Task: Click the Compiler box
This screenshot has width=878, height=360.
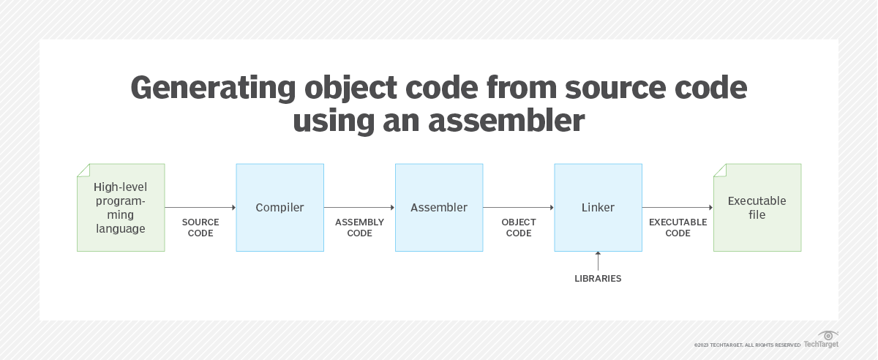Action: pos(279,208)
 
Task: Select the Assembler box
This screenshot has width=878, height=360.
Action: pos(438,208)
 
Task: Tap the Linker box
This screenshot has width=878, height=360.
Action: pos(598,208)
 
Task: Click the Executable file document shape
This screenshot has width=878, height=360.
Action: pos(757,208)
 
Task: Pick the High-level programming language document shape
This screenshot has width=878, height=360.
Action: pos(121,208)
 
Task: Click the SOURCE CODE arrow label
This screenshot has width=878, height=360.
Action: pos(200,228)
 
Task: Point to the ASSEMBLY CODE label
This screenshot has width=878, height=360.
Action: pos(359,228)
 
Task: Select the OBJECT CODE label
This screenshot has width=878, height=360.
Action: pos(519,228)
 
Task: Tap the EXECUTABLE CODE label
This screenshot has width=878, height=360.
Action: pos(678,228)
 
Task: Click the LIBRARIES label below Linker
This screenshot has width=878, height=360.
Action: pos(598,279)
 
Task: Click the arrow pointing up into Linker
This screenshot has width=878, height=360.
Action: pos(598,261)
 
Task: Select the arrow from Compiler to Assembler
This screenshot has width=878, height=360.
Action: pos(359,208)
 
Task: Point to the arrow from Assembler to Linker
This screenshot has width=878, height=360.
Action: pos(519,208)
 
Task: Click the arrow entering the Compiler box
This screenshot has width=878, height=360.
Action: pos(200,208)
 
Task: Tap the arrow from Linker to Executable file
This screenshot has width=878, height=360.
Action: pos(678,208)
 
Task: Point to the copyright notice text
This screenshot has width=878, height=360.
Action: pos(747,345)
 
